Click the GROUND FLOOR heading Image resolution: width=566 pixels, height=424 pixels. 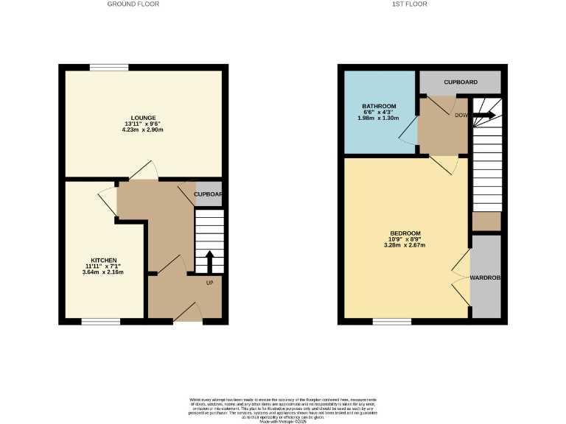coord(133,4)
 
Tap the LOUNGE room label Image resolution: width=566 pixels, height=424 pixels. coord(143,118)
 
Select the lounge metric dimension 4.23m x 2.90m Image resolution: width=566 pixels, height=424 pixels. coord(143,130)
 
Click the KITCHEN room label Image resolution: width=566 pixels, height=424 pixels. coord(104,261)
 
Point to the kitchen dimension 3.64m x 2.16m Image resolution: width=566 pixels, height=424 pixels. coord(104,272)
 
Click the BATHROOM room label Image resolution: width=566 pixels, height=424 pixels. coord(379,106)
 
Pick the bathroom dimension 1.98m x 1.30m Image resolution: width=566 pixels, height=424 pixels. coord(379,118)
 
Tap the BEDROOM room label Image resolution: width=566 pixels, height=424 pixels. coord(405,233)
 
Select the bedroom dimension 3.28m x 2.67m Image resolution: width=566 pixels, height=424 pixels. coord(405,245)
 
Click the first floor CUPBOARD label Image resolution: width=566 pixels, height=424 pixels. coord(461,82)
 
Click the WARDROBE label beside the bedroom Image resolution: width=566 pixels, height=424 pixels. coord(486,278)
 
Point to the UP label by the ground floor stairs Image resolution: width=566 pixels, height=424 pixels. coord(209,283)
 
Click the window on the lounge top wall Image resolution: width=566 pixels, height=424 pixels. coord(109,68)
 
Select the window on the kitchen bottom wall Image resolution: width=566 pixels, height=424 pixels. coord(101,321)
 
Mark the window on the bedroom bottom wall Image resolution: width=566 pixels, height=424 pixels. coord(392,321)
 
